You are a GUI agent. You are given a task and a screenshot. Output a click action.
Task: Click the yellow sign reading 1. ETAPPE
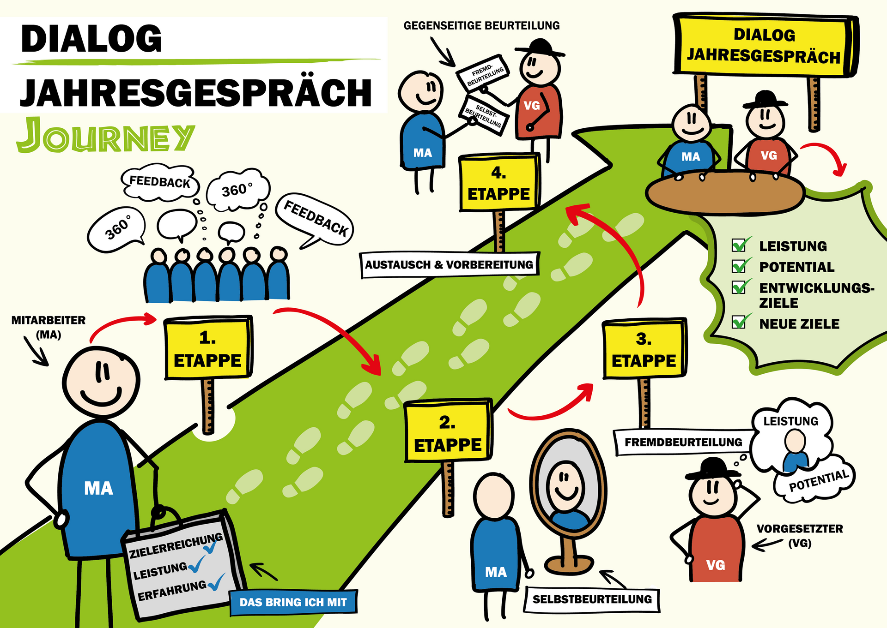pyautogui.click(x=208, y=349)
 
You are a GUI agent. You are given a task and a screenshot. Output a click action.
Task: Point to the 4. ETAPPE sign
pyautogui.click(x=499, y=184)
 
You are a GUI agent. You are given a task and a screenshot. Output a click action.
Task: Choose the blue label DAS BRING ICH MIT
pyautogui.click(x=293, y=602)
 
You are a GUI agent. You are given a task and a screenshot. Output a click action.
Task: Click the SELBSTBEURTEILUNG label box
pyautogui.click(x=592, y=599)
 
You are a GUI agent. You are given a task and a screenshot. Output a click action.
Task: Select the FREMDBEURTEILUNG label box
pyautogui.click(x=683, y=442)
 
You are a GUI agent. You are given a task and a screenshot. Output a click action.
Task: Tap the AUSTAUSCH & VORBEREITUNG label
pyautogui.click(x=449, y=265)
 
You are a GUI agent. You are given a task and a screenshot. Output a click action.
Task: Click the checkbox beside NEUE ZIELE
pyautogui.click(x=739, y=322)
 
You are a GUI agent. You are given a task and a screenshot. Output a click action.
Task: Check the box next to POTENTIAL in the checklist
pyautogui.click(x=739, y=266)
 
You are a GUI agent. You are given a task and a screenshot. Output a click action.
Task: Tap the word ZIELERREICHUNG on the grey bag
pyautogui.click(x=176, y=546)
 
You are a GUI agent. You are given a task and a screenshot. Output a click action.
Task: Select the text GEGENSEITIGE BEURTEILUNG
pyautogui.click(x=481, y=26)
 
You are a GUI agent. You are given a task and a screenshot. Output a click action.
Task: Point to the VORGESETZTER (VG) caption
pyautogui.click(x=799, y=535)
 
